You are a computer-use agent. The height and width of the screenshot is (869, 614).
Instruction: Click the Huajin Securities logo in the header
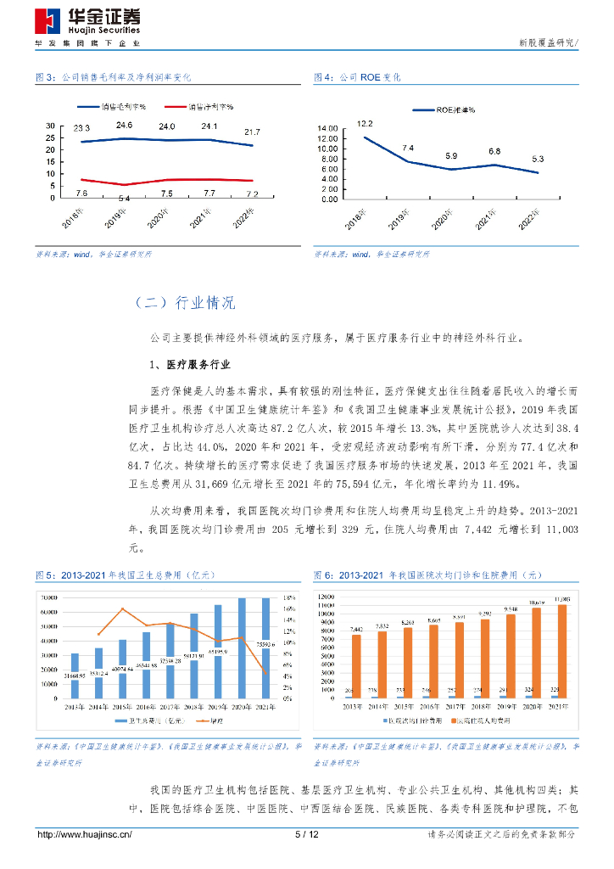(x=88, y=19)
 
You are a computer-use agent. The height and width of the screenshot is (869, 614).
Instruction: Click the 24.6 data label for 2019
(x=126, y=126)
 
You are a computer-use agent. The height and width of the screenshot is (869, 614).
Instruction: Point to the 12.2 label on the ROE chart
(x=366, y=124)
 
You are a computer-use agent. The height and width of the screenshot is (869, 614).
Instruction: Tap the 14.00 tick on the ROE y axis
(x=327, y=128)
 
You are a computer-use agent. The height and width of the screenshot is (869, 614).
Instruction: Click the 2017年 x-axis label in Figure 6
(x=458, y=705)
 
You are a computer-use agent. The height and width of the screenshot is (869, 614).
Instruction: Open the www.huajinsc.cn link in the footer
(x=84, y=835)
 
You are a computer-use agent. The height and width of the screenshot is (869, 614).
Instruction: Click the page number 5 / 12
(x=306, y=835)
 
